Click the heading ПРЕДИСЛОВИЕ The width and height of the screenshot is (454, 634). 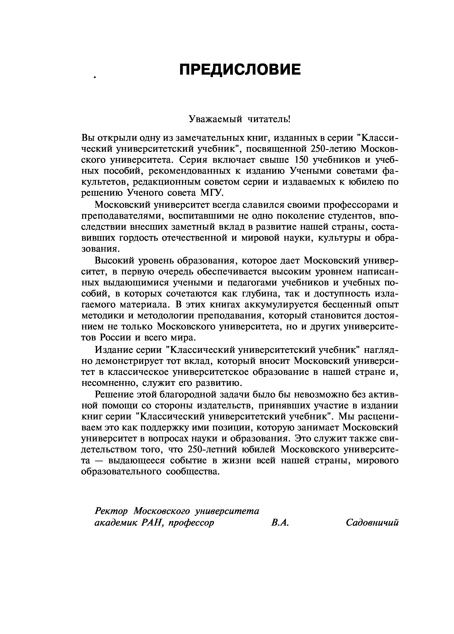pos(240,69)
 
